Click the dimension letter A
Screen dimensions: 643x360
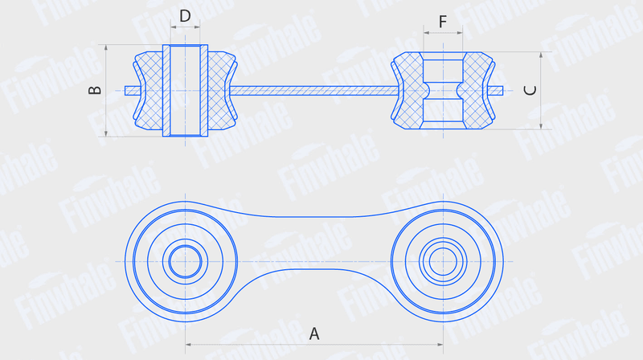[x=313, y=333]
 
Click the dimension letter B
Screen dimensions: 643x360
[x=95, y=90]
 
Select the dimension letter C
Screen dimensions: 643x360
[x=530, y=90]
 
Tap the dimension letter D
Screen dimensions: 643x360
[x=185, y=16]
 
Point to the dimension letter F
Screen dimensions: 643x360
[x=443, y=22]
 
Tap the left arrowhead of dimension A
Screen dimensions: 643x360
[x=188, y=345]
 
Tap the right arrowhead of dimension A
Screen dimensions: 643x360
[x=440, y=345]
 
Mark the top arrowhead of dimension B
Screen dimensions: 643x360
[x=106, y=47]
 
